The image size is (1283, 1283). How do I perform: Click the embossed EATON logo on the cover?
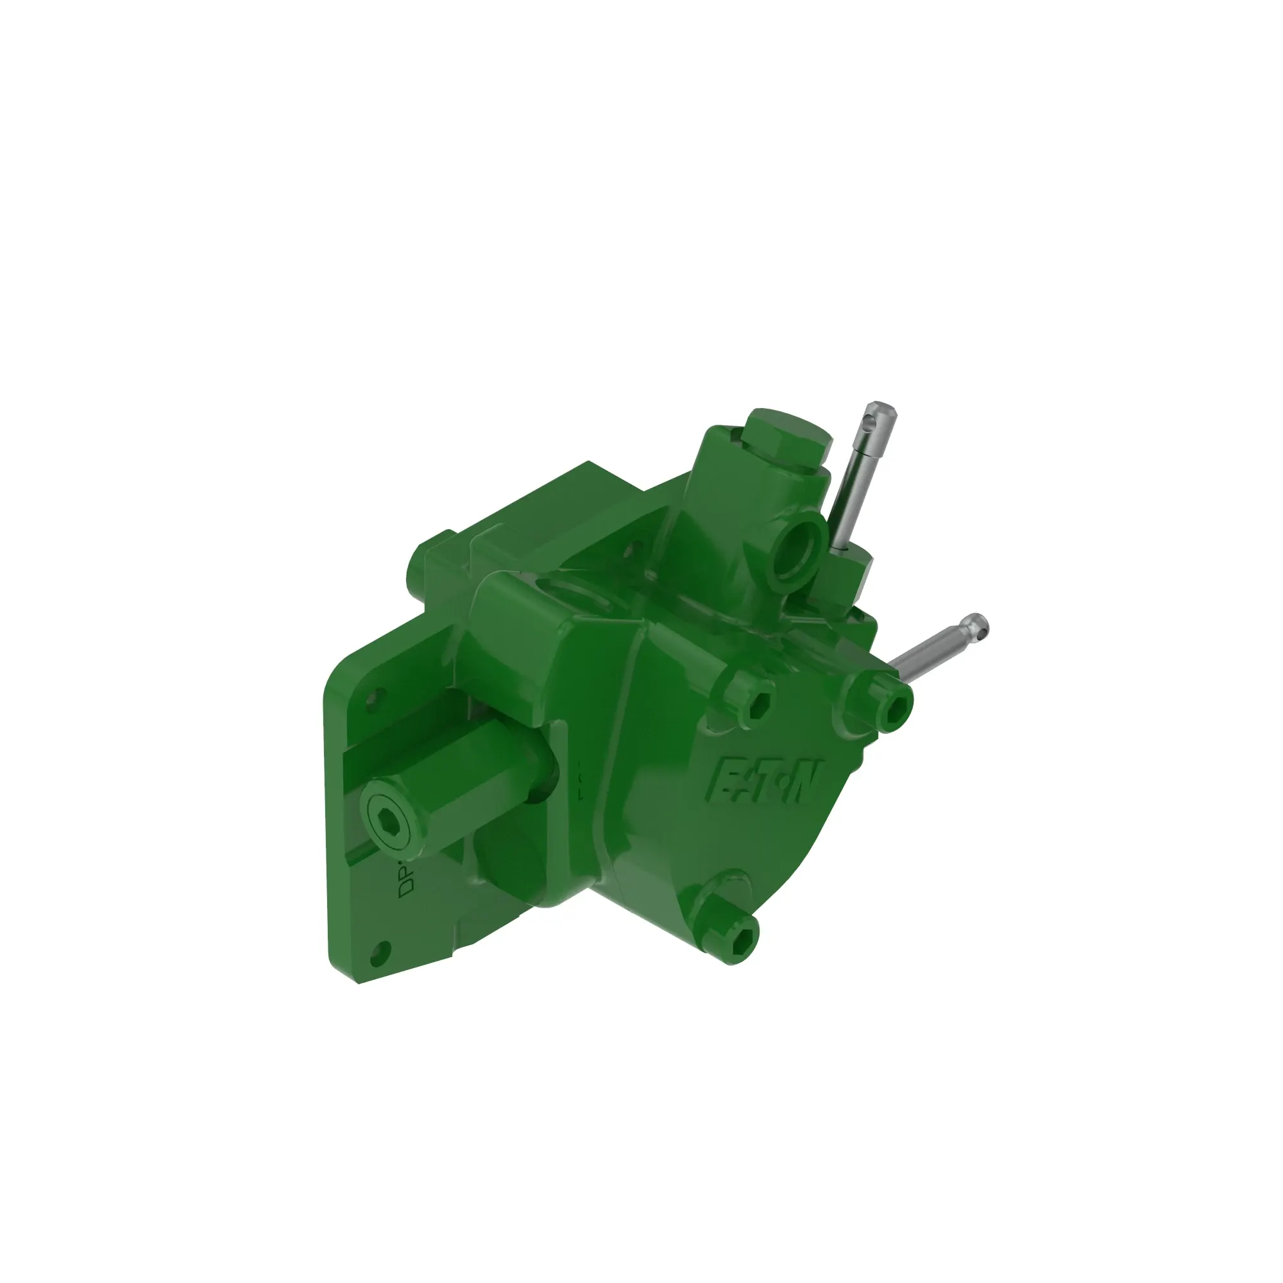[766, 780]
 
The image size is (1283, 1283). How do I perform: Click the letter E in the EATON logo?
[727, 777]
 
